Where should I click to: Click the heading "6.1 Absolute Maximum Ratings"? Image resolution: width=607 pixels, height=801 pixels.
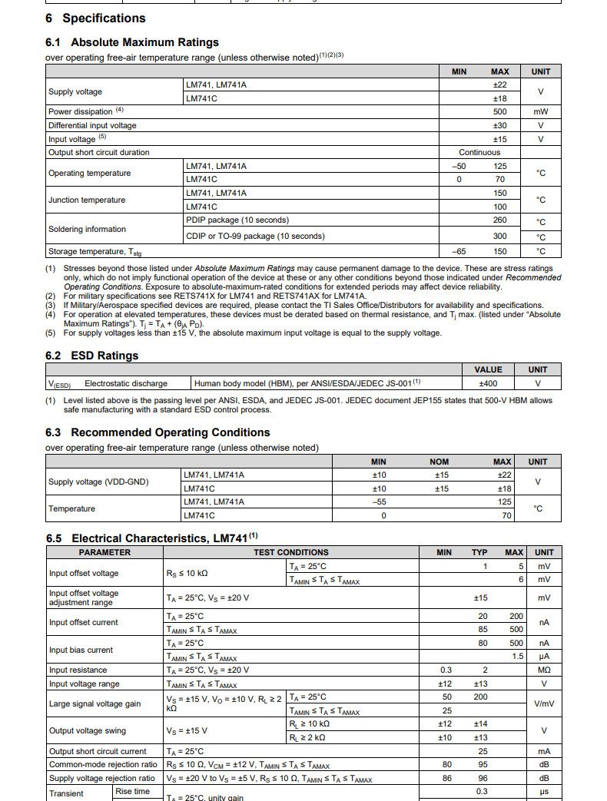point(132,42)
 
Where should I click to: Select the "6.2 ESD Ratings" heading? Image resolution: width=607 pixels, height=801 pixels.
point(92,356)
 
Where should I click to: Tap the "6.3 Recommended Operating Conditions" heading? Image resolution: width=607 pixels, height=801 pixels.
point(158,432)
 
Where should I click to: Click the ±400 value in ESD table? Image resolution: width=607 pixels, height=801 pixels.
point(489,382)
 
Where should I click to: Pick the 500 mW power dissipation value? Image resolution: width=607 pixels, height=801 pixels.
point(499,111)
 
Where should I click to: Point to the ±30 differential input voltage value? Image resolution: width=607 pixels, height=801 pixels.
point(499,125)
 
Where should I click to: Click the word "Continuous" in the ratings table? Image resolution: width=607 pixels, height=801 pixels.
point(479,152)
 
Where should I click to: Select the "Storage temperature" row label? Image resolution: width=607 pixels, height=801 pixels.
point(95,251)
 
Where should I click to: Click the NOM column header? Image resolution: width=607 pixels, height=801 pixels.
point(439,462)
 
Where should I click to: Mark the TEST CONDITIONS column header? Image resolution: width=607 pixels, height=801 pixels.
point(290,552)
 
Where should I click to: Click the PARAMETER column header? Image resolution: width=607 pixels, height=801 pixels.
point(104,552)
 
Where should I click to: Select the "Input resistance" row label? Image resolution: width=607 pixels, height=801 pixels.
point(78,670)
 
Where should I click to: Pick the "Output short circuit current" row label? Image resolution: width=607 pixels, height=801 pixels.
point(98,751)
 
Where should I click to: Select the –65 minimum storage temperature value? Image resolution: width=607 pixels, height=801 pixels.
point(459,251)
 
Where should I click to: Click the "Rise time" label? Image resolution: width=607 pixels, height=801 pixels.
point(133,791)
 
